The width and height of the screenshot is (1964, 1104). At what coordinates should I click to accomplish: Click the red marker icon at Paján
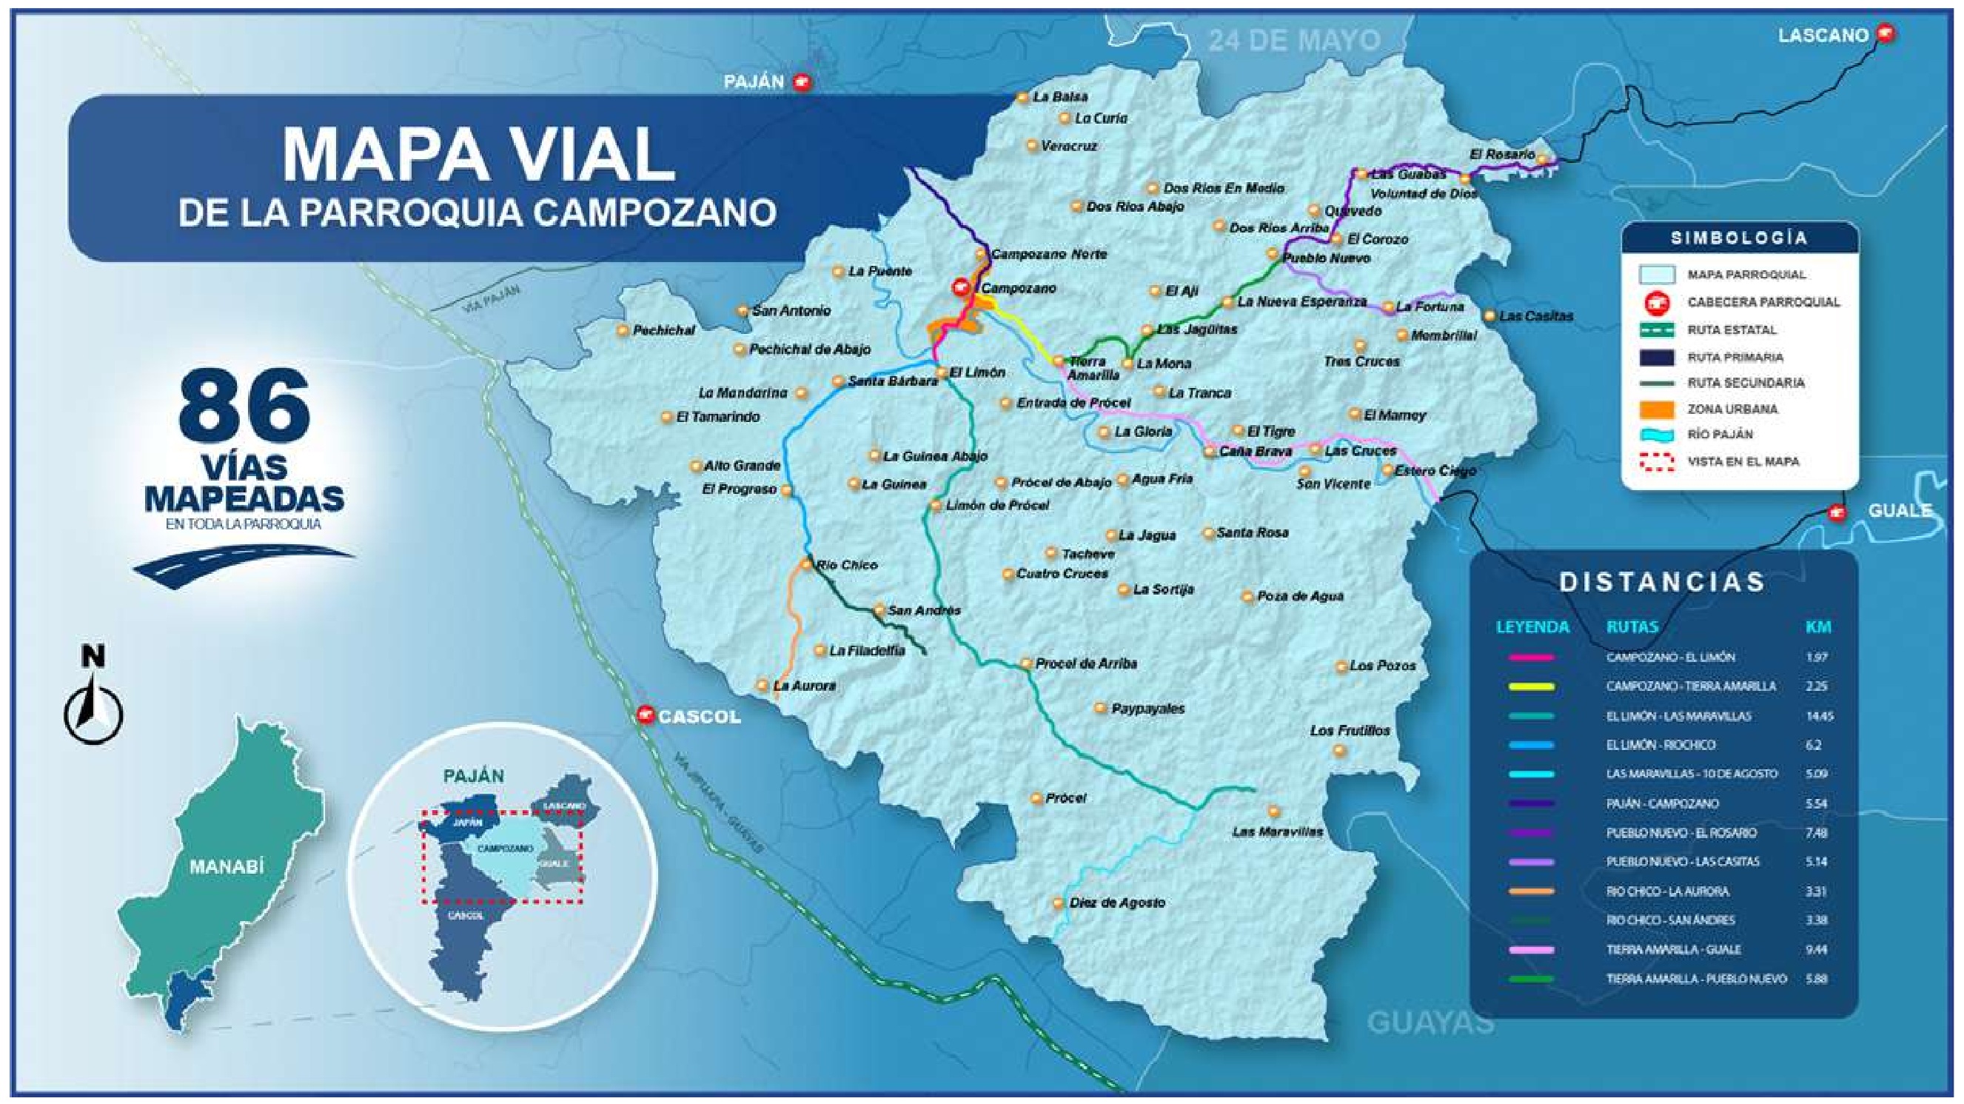[800, 81]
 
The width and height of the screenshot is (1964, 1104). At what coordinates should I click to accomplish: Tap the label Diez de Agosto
[1117, 903]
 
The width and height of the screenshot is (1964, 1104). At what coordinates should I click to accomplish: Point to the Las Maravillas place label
[1278, 831]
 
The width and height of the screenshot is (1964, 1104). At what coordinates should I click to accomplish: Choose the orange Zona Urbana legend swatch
[1657, 409]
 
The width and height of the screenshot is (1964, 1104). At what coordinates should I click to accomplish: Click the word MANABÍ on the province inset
[227, 867]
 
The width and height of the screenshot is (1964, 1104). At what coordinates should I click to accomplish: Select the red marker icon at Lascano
[1886, 33]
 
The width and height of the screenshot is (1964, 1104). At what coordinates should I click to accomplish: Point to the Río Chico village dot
[807, 565]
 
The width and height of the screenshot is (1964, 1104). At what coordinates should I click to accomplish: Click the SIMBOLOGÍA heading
[1739, 238]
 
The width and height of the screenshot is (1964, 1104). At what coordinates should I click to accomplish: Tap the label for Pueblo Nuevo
[1327, 258]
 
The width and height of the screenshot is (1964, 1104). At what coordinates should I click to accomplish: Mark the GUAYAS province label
[1430, 1023]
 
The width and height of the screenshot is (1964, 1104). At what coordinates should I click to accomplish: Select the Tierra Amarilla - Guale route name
[1674, 949]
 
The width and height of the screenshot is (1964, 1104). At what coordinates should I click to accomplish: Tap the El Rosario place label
[1501, 155]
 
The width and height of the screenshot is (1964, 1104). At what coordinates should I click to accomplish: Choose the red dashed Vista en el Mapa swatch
[1657, 462]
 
